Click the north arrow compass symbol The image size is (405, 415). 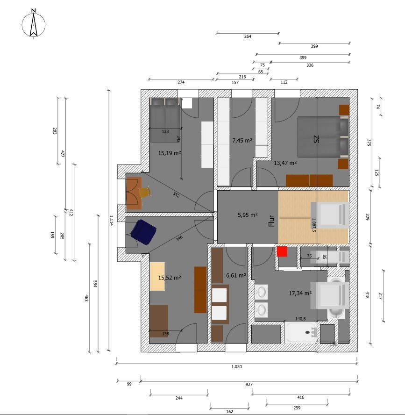point(34,24)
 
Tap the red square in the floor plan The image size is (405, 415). point(282,252)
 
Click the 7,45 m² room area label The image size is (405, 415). point(242,141)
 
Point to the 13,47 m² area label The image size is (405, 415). point(285,163)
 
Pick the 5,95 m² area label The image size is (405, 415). point(248,215)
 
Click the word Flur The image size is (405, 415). point(271,221)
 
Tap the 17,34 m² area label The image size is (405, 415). point(300,293)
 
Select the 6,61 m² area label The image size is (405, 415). point(236,276)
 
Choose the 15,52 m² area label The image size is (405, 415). point(170,278)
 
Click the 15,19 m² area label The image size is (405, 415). point(170,153)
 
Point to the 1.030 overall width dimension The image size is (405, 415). point(236,366)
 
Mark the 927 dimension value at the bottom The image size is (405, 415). point(249,384)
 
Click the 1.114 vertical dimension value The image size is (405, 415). point(111,220)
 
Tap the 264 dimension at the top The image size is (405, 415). point(248,36)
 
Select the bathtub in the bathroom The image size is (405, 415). point(300,332)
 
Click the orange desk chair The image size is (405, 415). point(145,192)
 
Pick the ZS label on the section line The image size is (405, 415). point(316,139)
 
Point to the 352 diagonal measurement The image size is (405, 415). point(176,195)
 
